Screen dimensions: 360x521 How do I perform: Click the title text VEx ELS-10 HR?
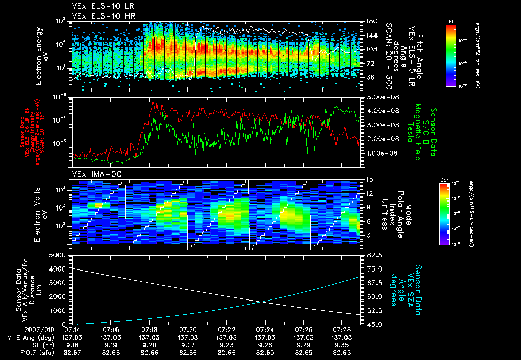(99, 16)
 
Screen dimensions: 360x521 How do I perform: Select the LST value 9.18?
(72, 345)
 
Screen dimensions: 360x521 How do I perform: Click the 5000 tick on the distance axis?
(57, 254)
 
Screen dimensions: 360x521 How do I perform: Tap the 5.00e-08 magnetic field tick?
(381, 97)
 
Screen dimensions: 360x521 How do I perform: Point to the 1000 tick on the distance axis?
(57, 310)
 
